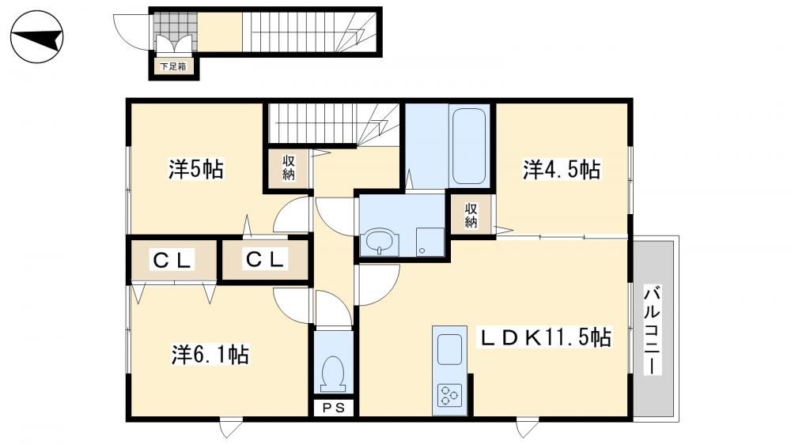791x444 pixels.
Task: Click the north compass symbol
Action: [x=37, y=37]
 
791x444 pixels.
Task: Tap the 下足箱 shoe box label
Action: [x=173, y=66]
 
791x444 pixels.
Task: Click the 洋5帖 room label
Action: [x=196, y=169]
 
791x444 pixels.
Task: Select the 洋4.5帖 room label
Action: [x=562, y=170]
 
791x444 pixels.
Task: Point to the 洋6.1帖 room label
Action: [x=210, y=355]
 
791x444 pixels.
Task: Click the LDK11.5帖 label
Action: [x=545, y=337]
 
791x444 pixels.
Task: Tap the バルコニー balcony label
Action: [x=653, y=330]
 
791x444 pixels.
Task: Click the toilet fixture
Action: [x=333, y=374]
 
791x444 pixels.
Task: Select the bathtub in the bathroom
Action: [x=469, y=146]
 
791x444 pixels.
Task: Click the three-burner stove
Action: [x=449, y=394]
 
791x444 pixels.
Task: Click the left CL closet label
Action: [x=172, y=261]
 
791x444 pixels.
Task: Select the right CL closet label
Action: [x=264, y=260]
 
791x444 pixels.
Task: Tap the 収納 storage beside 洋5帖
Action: [x=289, y=168]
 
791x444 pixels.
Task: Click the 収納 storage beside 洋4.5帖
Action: [x=471, y=215]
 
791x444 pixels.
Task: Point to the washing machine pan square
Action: [x=430, y=243]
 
